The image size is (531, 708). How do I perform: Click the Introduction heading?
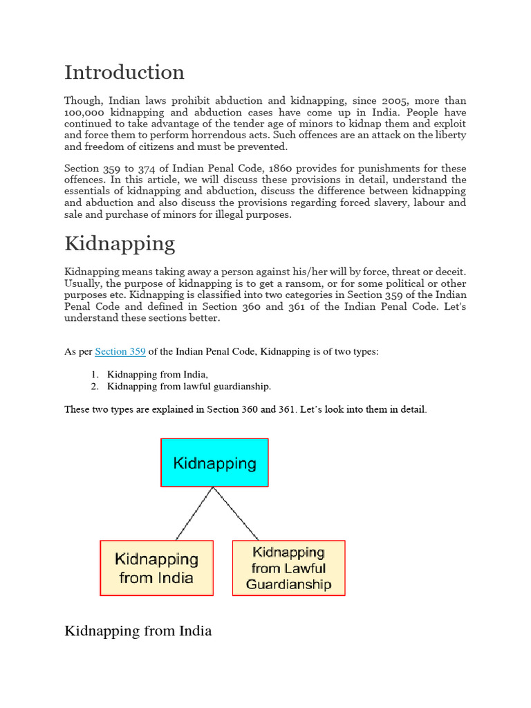point(124,73)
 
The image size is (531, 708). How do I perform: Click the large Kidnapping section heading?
point(120,243)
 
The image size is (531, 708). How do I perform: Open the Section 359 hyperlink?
point(120,352)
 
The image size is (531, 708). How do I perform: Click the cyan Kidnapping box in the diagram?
point(214,463)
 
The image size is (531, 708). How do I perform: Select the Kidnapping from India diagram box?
point(156,568)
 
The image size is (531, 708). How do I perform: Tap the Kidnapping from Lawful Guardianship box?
point(288,568)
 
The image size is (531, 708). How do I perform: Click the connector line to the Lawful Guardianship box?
point(237,514)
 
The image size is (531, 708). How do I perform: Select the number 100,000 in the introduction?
point(84,112)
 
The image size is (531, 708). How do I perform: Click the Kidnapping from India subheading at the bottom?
point(138,631)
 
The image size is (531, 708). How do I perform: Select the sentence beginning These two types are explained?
point(245,409)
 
